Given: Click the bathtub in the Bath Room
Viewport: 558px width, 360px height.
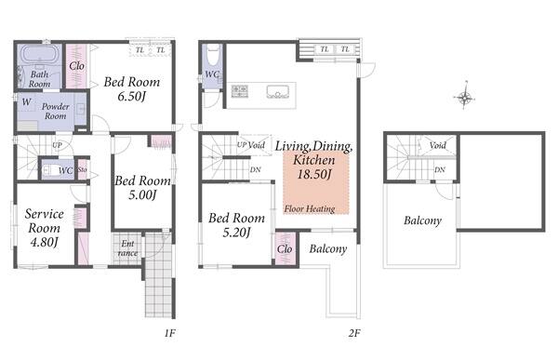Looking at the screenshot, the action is pyautogui.click(x=39, y=55).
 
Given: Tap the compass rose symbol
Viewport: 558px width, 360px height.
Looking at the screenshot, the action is pyautogui.click(x=464, y=96).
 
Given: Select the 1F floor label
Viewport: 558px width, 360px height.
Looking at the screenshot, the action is pyautogui.click(x=170, y=333).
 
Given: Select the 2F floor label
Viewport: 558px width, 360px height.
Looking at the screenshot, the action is pyautogui.click(x=354, y=333).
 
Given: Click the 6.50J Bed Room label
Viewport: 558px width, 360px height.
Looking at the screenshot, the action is pyautogui.click(x=132, y=89).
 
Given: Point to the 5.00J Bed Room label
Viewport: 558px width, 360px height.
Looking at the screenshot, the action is pyautogui.click(x=142, y=188).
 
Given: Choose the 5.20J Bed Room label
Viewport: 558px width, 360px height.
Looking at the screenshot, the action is pyautogui.click(x=236, y=225).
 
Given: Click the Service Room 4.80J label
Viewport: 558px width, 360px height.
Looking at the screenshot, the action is pyautogui.click(x=44, y=228).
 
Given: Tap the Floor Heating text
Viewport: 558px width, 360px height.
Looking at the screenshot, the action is pyautogui.click(x=310, y=208).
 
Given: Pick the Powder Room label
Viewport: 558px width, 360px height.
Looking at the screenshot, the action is pyautogui.click(x=56, y=111).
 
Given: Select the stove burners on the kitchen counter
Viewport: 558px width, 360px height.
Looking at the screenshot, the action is pyautogui.click(x=240, y=91).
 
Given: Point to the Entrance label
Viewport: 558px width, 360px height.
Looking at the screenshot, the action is pyautogui.click(x=127, y=248).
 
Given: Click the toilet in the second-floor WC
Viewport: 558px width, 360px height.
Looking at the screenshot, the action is pyautogui.click(x=213, y=55).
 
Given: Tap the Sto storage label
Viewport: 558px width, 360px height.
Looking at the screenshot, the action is pyautogui.click(x=82, y=169).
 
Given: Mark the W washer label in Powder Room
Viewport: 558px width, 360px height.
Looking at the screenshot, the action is pyautogui.click(x=26, y=102).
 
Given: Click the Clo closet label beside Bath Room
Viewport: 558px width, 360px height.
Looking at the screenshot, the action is pyautogui.click(x=77, y=66).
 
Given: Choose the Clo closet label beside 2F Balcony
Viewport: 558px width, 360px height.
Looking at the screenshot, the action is pyautogui.click(x=285, y=249).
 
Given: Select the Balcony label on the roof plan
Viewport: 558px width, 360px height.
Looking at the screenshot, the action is pyautogui.click(x=423, y=220).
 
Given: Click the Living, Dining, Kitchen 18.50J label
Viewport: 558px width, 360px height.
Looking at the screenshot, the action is pyautogui.click(x=314, y=160).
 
